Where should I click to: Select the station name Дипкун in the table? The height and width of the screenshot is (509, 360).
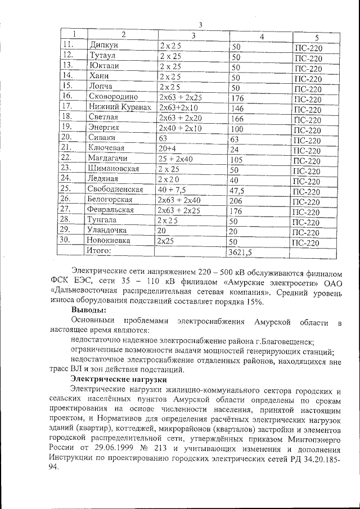[x=103, y=45]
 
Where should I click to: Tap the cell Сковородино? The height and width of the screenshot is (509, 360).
[x=114, y=97]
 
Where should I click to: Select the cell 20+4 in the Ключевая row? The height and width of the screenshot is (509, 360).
[x=167, y=148]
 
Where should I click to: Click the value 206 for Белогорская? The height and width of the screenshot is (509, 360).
[x=238, y=201]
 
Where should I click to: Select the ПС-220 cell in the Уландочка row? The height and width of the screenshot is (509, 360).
[x=308, y=232]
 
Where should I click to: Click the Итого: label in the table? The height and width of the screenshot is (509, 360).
[x=100, y=250]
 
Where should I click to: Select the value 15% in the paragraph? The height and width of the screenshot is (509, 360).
[x=254, y=303]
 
